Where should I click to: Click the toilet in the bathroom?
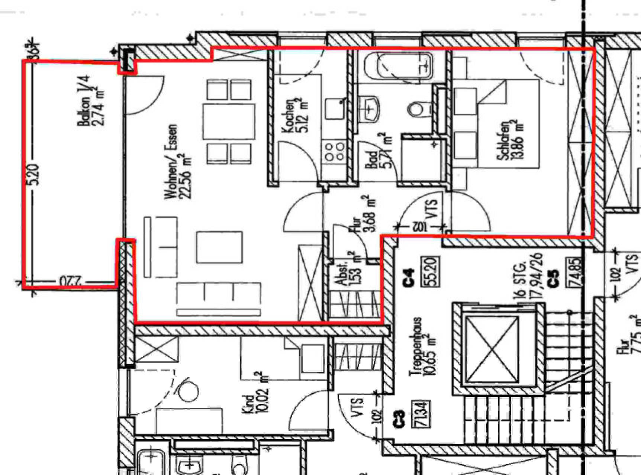415,109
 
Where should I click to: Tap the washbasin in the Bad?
370,108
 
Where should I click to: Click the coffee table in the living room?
219,247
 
